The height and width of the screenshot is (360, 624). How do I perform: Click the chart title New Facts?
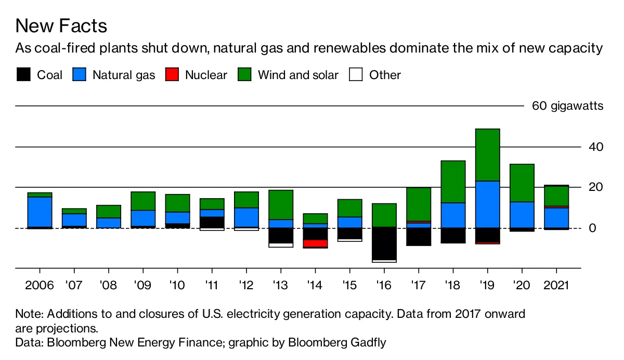click(x=61, y=26)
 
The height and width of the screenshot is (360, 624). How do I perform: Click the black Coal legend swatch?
click(x=24, y=75)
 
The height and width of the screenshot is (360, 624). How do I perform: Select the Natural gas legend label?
click(x=124, y=75)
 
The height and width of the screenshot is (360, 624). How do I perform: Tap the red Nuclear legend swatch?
click(x=172, y=75)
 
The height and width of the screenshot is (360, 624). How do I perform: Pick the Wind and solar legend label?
click(x=298, y=75)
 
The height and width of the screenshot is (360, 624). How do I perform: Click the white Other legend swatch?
click(x=356, y=75)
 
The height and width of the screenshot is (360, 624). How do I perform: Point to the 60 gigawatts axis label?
click(x=567, y=106)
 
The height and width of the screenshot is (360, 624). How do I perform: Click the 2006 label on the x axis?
click(x=39, y=286)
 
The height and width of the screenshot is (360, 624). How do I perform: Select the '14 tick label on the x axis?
click(x=315, y=286)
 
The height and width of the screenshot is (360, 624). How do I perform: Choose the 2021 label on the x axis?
click(x=556, y=286)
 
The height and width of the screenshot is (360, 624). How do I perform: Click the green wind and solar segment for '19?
click(x=487, y=155)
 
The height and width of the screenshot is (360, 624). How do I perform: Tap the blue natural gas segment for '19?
click(x=487, y=204)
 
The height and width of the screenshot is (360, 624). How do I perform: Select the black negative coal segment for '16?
click(x=384, y=243)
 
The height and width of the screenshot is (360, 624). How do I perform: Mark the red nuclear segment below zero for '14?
click(x=315, y=243)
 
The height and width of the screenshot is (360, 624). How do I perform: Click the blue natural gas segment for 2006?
click(x=40, y=212)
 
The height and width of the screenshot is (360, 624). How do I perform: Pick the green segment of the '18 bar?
click(x=453, y=182)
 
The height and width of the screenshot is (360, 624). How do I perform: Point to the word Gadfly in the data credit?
click(x=368, y=342)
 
